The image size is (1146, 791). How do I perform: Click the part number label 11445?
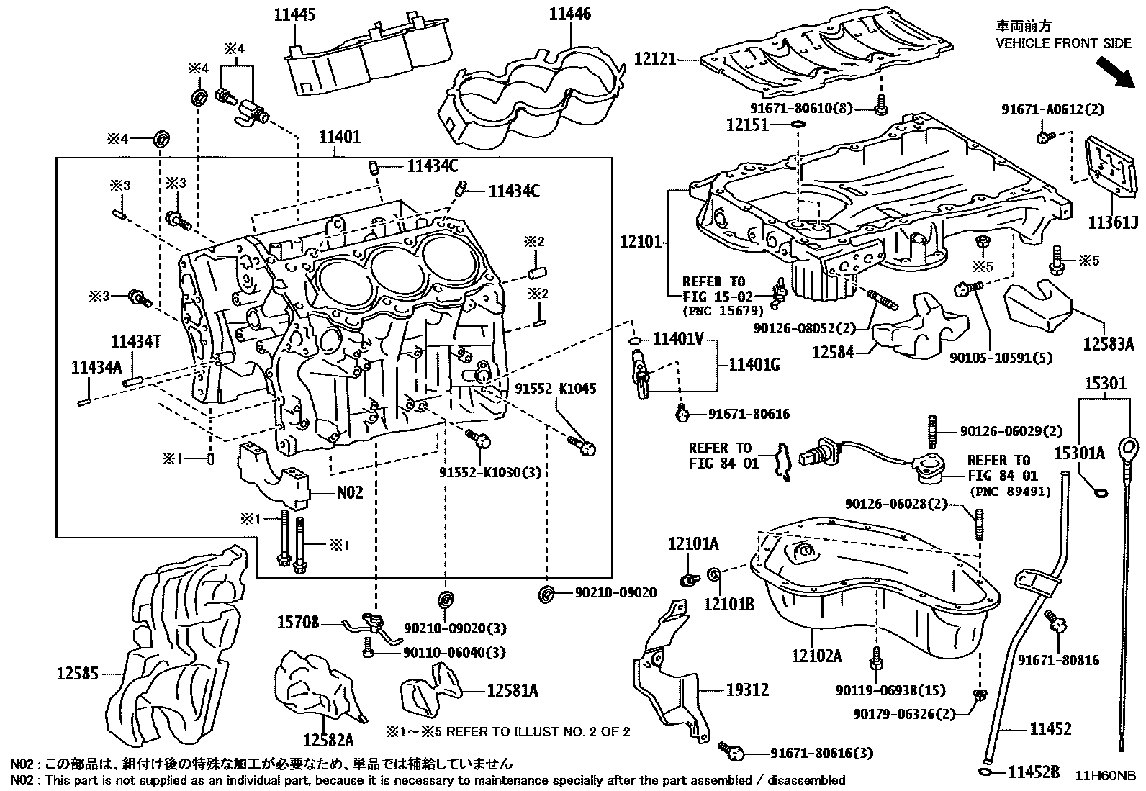tap(295, 14)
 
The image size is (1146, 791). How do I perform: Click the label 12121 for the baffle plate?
tap(655, 58)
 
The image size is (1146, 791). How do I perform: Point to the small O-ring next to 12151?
tap(798, 125)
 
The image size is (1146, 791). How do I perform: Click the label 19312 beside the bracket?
tap(747, 690)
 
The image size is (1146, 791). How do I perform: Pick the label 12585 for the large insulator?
tap(78, 674)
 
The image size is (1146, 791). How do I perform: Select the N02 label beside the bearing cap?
tap(351, 493)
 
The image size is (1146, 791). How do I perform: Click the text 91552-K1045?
tap(556, 389)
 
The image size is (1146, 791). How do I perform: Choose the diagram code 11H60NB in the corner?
tap(1106, 776)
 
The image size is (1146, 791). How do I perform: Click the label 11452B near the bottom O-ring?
tap(1033, 772)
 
